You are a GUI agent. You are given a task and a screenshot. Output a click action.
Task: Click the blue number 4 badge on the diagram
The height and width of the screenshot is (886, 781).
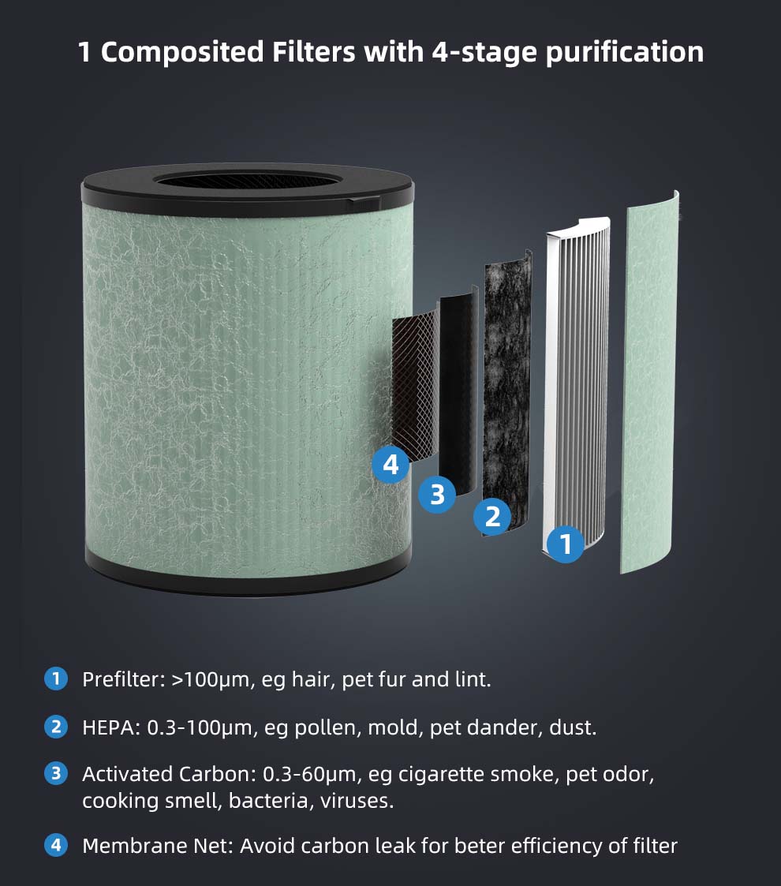pos(390,465)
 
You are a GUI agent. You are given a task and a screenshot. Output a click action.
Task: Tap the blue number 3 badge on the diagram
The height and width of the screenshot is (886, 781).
pos(437,494)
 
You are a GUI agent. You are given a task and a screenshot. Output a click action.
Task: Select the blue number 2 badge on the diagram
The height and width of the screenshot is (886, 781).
pos(492,517)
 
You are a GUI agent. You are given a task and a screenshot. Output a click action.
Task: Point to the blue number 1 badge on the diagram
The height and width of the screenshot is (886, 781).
pos(566,544)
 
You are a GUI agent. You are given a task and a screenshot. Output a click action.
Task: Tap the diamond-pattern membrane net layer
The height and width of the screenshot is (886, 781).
pos(416,384)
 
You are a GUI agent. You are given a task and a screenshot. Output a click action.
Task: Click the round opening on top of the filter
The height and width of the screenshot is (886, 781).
pos(248,180)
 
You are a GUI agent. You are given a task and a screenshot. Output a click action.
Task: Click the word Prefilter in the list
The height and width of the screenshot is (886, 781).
pos(122,679)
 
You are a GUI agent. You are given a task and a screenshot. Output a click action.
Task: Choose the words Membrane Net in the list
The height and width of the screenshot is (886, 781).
pos(157,846)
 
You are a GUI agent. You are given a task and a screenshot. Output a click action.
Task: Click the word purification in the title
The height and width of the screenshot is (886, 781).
pos(625,53)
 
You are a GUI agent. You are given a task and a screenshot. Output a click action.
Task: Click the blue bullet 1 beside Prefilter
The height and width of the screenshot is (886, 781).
pos(56,679)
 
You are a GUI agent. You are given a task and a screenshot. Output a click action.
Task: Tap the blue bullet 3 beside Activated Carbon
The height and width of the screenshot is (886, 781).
pos(56,773)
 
